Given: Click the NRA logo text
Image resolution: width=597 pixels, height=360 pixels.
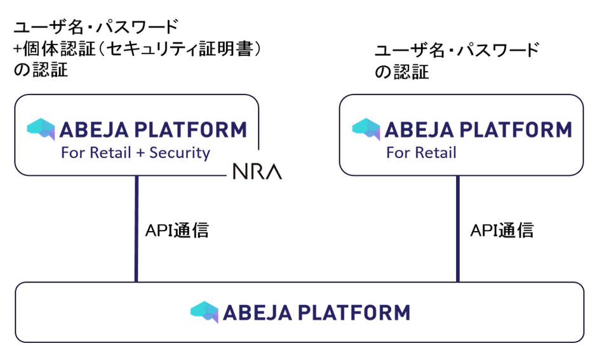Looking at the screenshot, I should [257, 171].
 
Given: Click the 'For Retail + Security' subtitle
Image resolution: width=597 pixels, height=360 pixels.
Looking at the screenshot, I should [135, 153].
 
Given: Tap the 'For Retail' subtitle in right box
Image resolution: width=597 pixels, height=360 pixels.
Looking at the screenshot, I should [421, 153].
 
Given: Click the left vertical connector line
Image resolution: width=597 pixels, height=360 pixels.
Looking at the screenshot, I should [137, 229].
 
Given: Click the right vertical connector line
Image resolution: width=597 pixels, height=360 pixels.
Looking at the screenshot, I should [457, 229].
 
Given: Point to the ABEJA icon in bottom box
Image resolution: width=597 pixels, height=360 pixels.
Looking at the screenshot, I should [204, 312].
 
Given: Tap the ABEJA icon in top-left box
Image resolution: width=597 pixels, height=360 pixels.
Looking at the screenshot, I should [41, 130].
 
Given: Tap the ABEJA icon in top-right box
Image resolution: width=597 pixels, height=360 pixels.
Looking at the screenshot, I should [366, 130].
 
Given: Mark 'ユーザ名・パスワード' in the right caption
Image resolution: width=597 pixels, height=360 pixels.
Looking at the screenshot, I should [457, 50].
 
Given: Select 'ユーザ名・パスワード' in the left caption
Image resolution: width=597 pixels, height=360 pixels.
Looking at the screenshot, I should [95, 27].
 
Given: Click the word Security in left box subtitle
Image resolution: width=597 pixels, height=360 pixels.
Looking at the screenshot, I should [180, 153].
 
